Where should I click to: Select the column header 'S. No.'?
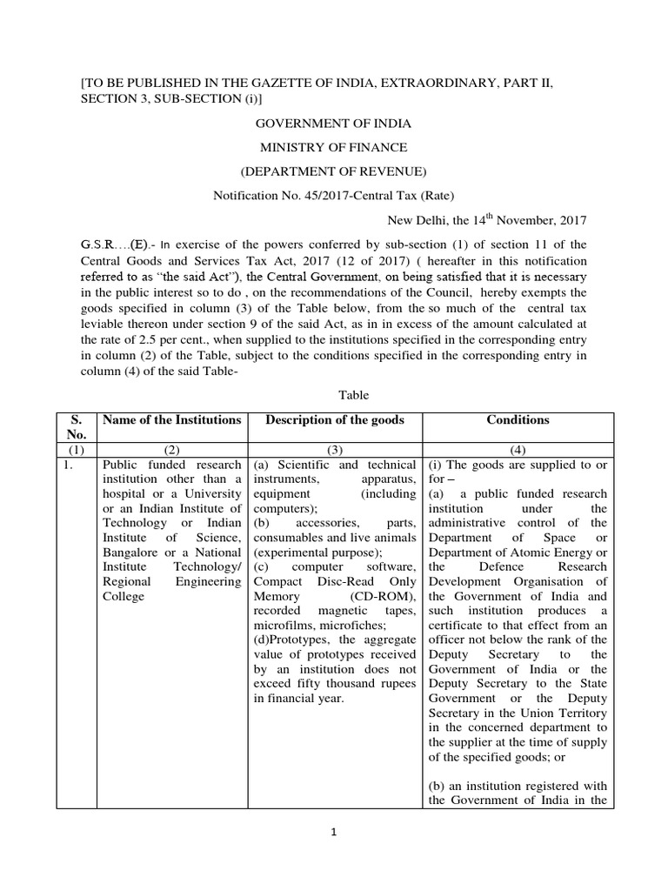[76, 427]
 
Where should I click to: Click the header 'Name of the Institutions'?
[171, 420]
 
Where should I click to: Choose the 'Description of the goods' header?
[335, 420]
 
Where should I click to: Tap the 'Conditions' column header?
[518, 420]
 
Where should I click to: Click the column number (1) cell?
[76, 451]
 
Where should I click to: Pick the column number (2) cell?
[171, 451]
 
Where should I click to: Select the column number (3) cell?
[335, 451]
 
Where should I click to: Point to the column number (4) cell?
[518, 451]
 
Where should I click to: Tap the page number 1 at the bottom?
[333, 832]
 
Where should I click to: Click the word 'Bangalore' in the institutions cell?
[130, 553]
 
